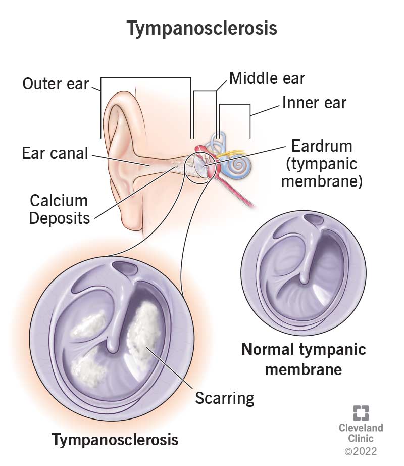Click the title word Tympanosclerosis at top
(202, 29)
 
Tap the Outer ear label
(55, 84)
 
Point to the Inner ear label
(314, 103)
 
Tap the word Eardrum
(321, 147)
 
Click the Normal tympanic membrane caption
(304, 359)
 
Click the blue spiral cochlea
(236, 165)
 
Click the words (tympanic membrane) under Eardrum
(321, 173)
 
